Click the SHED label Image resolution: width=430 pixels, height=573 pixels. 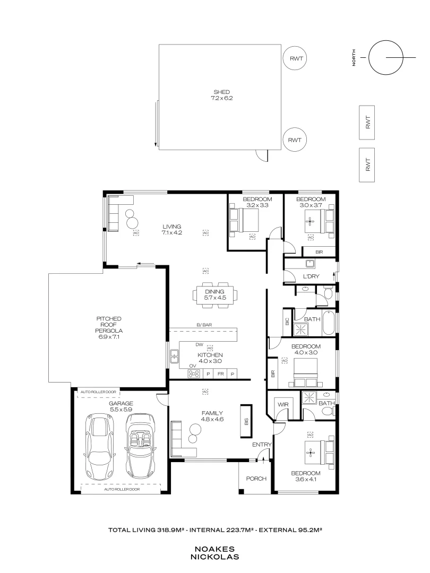click(221, 92)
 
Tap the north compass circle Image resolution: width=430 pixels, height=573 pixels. click(385, 57)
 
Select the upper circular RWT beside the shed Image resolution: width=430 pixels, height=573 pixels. click(296, 59)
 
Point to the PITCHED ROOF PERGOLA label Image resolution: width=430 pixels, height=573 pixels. click(109, 327)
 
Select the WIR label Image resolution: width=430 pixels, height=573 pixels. click(282, 404)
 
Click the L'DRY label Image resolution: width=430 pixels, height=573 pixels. click(309, 277)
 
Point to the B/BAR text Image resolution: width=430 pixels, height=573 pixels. click(204, 324)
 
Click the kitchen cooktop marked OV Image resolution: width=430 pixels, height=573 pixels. click(194, 374)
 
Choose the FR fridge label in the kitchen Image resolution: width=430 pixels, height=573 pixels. click(220, 374)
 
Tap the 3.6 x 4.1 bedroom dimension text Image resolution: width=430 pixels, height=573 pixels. click(305, 480)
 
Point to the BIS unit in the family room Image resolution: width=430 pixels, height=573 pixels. click(246, 421)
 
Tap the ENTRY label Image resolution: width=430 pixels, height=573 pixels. click(262, 445)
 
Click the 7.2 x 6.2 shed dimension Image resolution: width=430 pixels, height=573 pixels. click(221, 99)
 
